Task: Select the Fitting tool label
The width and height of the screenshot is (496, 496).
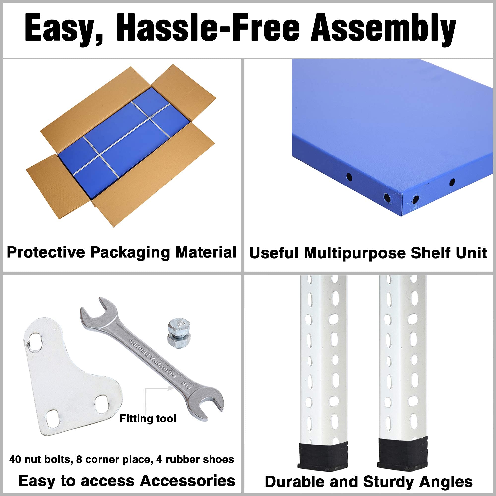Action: [x=148, y=418]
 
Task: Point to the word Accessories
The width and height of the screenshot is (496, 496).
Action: [x=188, y=481]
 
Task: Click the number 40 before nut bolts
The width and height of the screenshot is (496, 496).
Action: [x=15, y=459]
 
